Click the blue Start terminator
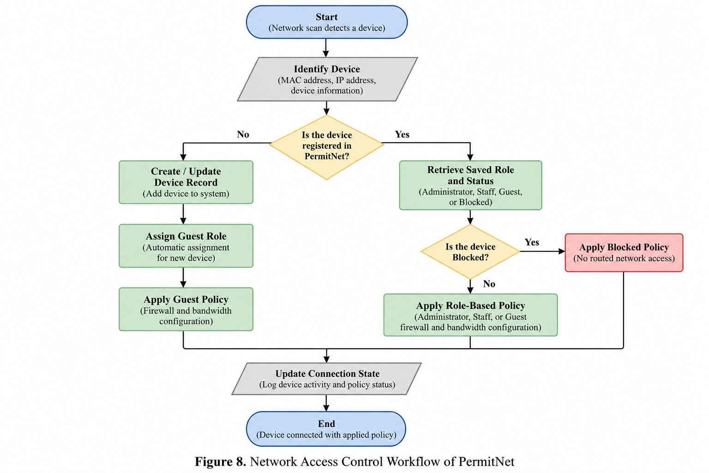[x=327, y=22]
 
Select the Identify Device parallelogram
[x=327, y=79]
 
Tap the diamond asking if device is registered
[x=327, y=147]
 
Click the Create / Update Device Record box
[x=186, y=182]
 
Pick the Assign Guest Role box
[x=186, y=246]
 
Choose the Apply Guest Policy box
[x=186, y=309]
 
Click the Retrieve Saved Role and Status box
[x=470, y=185]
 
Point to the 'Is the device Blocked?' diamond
[x=470, y=252]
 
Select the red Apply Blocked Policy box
[x=624, y=253]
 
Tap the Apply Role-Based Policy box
[x=470, y=315]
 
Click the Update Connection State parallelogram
[x=327, y=379]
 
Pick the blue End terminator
[x=326, y=429]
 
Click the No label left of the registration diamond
[x=243, y=134]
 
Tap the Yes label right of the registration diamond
[x=402, y=134]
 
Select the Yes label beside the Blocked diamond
[x=532, y=243]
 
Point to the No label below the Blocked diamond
[x=489, y=284]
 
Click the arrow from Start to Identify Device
[x=326, y=48]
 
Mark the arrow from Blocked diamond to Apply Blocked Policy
[x=542, y=251]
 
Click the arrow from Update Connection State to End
[x=326, y=403]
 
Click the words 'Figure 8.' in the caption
[x=220, y=461]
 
